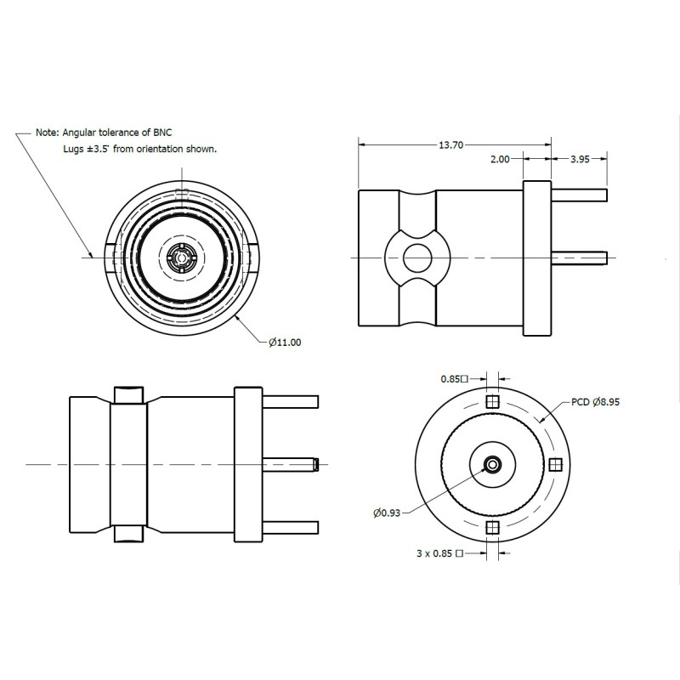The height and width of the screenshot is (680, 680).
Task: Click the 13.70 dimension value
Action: (450, 145)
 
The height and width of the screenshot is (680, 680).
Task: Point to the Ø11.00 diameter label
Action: (286, 342)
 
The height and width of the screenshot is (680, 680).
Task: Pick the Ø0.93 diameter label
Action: (387, 512)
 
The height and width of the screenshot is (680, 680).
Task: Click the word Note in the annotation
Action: (47, 133)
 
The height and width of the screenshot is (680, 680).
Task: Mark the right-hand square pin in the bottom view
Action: (555, 464)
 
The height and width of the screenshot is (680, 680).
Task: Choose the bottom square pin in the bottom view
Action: (491, 528)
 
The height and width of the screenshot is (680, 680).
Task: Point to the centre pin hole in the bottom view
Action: (491, 464)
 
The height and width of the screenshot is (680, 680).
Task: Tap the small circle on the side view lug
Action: (416, 256)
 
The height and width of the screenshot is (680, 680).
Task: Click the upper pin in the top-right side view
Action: (580, 195)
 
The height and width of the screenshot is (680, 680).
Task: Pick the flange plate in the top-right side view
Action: (536, 256)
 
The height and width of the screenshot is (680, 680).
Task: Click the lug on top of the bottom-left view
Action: (128, 395)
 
